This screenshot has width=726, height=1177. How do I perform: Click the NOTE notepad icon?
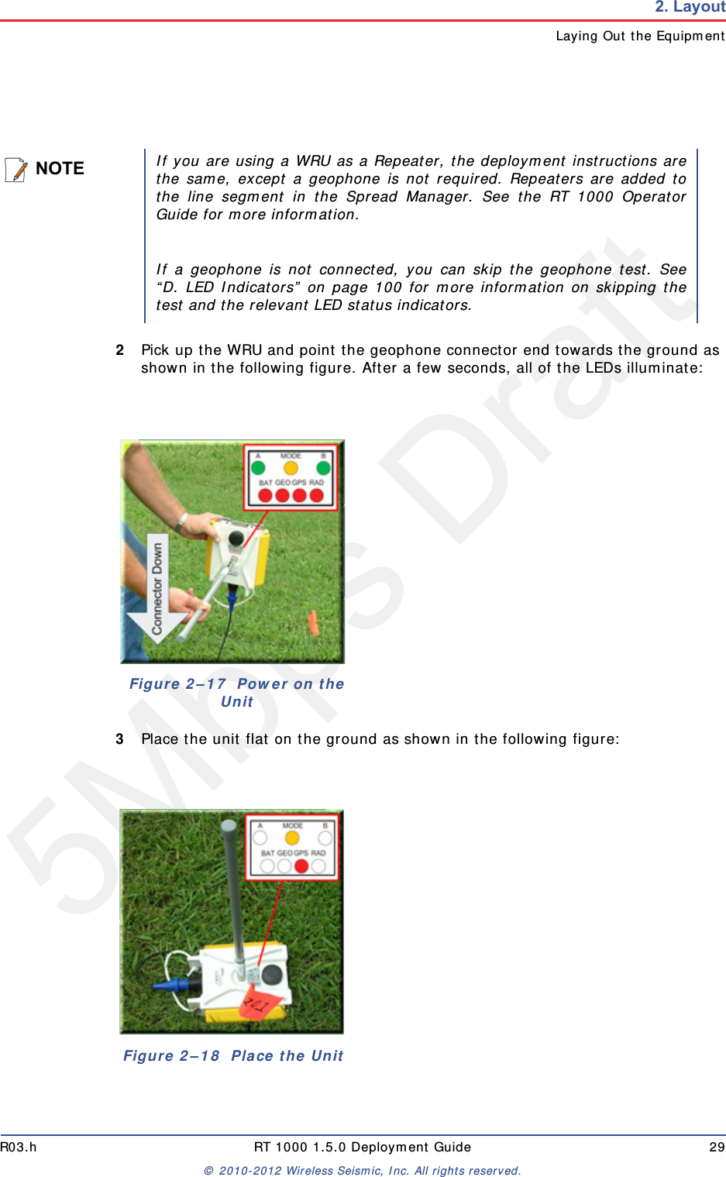point(15,169)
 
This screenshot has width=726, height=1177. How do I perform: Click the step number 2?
point(120,350)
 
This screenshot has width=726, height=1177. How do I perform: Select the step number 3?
point(120,739)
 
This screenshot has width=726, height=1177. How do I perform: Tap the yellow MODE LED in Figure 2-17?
point(291,468)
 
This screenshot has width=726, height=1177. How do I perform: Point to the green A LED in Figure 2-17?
point(258,468)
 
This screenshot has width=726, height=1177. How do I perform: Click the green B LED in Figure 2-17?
point(324,468)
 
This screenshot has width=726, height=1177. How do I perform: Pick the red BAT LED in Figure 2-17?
point(265,495)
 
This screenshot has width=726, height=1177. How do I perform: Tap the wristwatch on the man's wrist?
point(181,521)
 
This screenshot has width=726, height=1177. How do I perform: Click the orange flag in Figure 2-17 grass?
point(313,621)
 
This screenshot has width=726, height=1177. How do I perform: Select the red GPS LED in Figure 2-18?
point(301,866)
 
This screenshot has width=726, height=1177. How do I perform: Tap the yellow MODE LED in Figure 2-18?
point(292,838)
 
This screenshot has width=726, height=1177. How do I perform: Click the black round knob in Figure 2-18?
point(271,974)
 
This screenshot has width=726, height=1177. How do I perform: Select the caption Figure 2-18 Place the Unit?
point(232,1055)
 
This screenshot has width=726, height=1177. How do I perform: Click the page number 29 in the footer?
point(717,1147)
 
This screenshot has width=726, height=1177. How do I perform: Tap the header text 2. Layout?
point(690,8)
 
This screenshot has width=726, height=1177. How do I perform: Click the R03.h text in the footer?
point(19,1147)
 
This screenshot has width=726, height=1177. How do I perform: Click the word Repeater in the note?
point(408,161)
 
